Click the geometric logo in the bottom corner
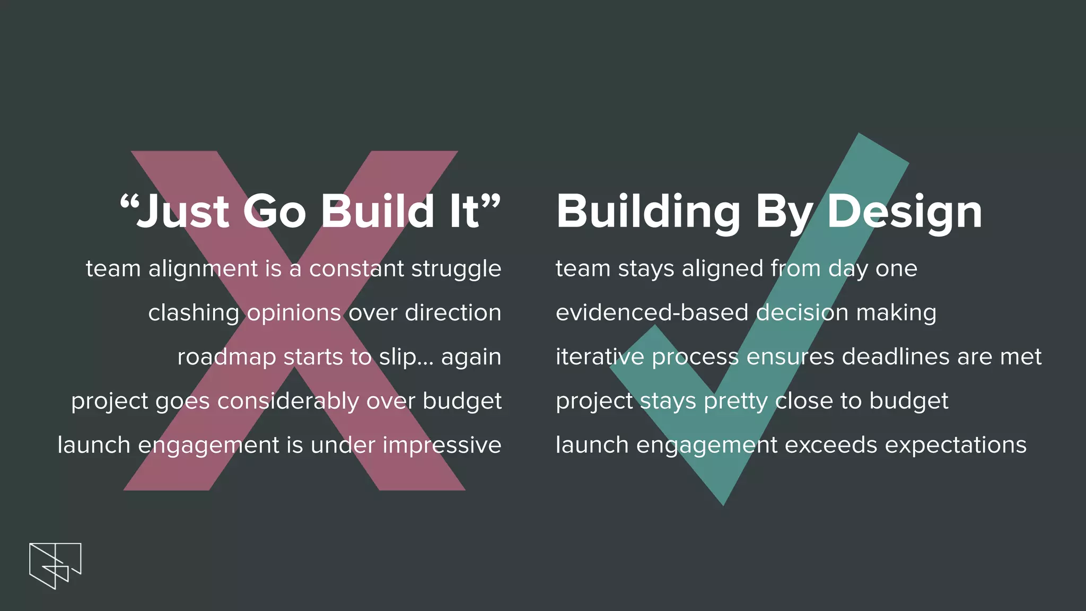55,565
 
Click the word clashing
194,313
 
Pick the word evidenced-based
652,312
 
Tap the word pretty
735,401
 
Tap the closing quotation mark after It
492,202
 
